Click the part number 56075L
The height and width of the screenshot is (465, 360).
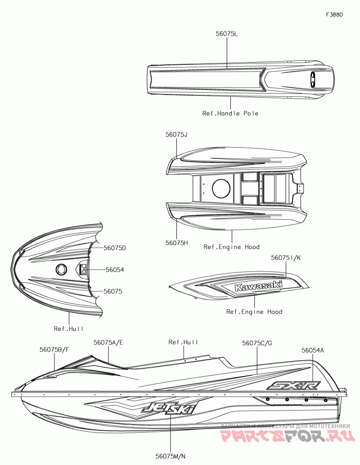pyautogui.click(x=226, y=34)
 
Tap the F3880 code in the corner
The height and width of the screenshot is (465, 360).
pyautogui.click(x=334, y=14)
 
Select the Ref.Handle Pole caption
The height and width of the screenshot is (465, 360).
pyautogui.click(x=230, y=113)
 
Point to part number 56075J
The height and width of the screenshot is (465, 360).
pyautogui.click(x=176, y=134)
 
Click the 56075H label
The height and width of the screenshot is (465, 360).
pyautogui.click(x=176, y=243)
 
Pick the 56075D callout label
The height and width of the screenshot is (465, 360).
pyautogui.click(x=115, y=248)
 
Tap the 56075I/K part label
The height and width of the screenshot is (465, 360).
pyautogui.click(x=285, y=258)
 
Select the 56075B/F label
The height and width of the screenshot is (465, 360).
pyautogui.click(x=54, y=349)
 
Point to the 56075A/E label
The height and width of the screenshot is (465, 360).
pyautogui.click(x=108, y=343)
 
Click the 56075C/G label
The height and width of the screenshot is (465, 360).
pyautogui.click(x=257, y=343)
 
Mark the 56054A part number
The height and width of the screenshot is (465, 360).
pyautogui.click(x=313, y=350)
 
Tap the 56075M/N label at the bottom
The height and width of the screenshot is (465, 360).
pyautogui.click(x=171, y=456)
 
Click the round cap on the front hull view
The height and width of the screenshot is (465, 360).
pyautogui.click(x=61, y=269)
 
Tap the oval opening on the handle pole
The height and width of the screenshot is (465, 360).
pyautogui.click(x=312, y=81)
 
